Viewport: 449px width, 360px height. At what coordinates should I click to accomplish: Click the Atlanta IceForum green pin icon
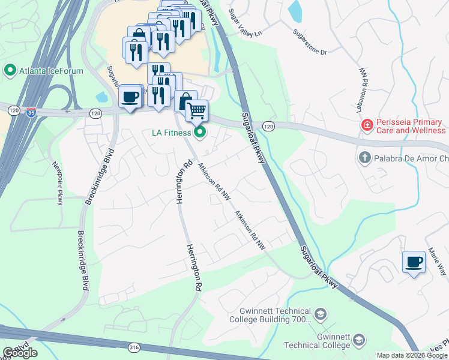tap(10, 71)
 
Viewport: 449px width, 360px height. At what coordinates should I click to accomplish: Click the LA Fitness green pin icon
tap(200, 132)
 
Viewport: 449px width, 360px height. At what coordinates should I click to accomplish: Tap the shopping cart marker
tap(196, 110)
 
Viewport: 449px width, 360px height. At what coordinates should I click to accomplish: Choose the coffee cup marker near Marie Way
tap(414, 262)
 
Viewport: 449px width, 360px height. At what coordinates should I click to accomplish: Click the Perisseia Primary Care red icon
tap(366, 125)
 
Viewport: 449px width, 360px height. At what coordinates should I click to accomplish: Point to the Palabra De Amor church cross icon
tap(364, 158)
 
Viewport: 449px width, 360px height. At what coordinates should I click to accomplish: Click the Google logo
tap(20, 353)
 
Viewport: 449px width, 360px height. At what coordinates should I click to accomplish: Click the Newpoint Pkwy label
tap(58, 184)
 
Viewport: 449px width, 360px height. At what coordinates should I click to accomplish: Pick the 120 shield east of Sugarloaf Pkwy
tap(268, 125)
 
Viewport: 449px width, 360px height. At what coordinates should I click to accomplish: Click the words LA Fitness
tap(170, 133)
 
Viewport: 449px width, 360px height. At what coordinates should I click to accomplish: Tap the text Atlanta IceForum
tap(51, 71)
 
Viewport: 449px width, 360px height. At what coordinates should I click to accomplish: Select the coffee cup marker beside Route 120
tap(130, 97)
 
